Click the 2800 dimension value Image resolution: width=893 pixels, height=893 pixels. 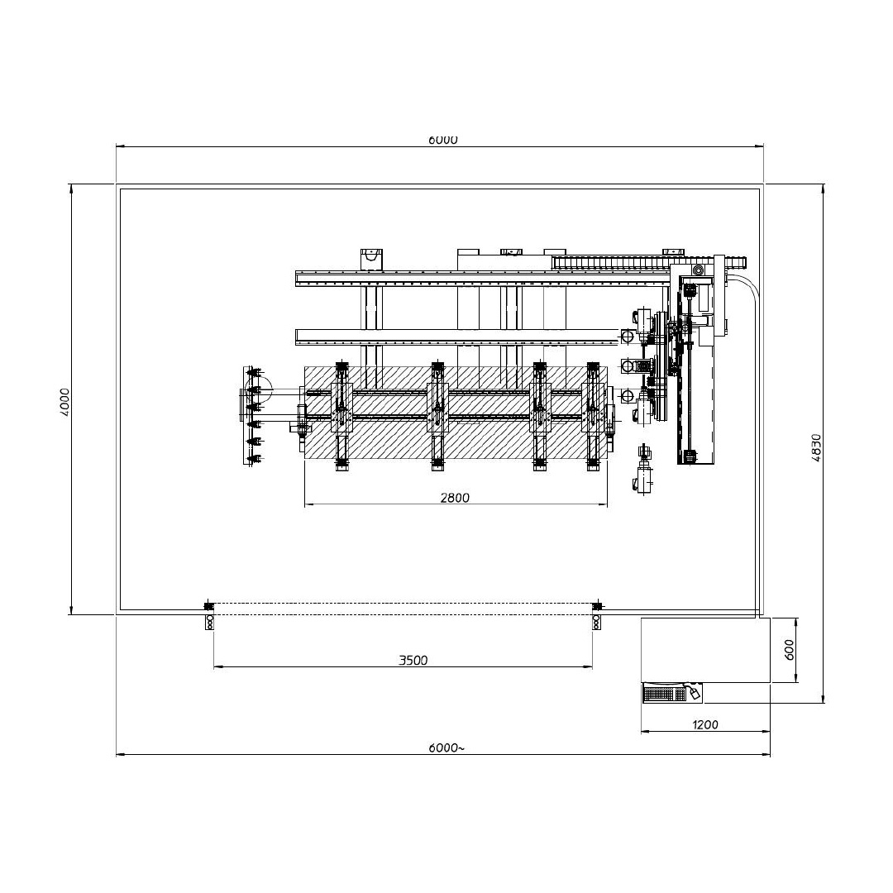[455, 498]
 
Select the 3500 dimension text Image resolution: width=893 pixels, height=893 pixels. [413, 661]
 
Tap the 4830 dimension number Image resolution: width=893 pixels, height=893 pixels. [816, 447]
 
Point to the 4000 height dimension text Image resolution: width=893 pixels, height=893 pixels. [64, 402]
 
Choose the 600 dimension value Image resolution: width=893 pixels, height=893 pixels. [789, 650]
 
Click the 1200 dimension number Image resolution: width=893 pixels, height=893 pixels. [705, 725]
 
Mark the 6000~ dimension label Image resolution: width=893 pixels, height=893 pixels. [446, 747]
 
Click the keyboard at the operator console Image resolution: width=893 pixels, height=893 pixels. [665, 695]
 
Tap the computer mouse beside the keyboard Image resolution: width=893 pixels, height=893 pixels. [695, 693]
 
